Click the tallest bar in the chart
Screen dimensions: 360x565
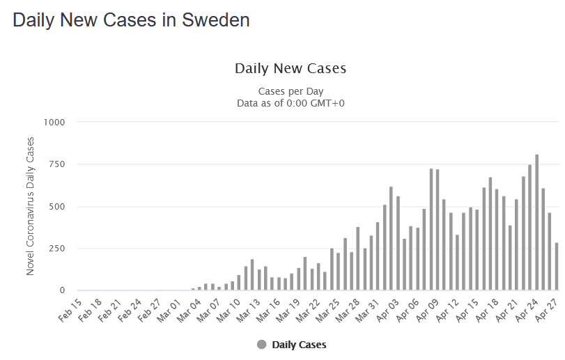[536, 222]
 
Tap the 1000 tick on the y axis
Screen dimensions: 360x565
[54, 123]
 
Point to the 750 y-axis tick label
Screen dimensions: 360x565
[56, 164]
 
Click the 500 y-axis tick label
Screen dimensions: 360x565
[56, 207]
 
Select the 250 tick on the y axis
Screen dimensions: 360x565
[56, 249]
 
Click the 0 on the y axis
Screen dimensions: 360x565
[62, 290]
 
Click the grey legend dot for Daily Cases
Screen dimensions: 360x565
[262, 345]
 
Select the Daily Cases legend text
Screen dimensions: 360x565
[299, 345]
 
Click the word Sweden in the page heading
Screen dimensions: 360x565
[215, 20]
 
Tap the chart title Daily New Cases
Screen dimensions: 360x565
[291, 68]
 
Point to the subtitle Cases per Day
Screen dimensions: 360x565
[291, 91]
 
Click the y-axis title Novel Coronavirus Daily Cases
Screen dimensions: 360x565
[31, 206]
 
